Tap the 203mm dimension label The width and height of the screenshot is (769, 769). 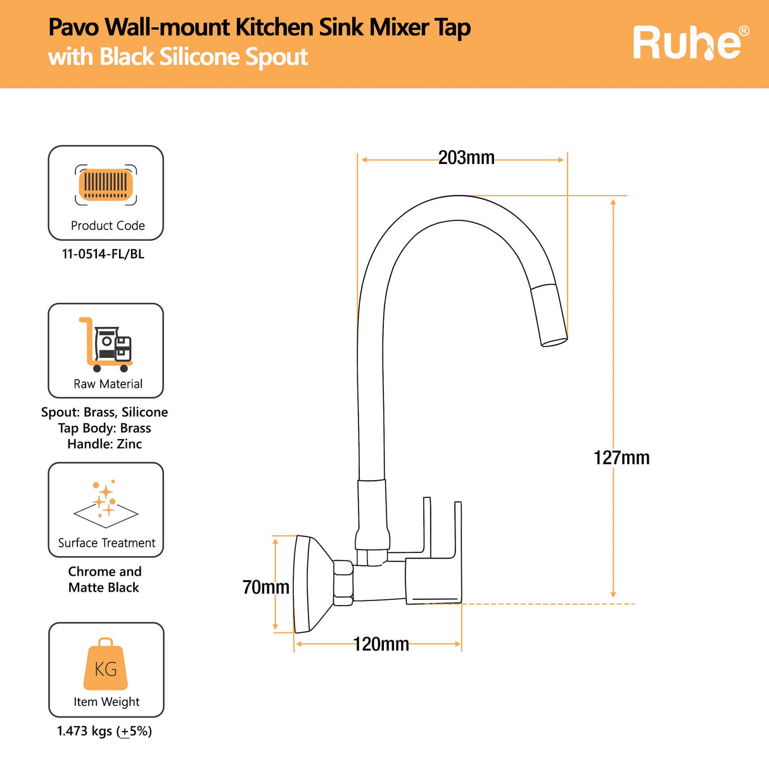pos(466,158)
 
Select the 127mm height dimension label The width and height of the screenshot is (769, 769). pos(621,458)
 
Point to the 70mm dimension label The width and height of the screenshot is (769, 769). pos(265,587)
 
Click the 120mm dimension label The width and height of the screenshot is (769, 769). pos(381,644)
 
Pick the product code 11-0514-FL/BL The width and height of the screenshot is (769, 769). pos(103,254)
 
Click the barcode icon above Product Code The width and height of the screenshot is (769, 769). pos(106,185)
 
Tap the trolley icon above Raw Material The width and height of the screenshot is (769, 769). pos(105,345)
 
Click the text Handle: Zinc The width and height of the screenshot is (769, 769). pos(105,444)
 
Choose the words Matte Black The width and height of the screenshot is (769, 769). pos(103,587)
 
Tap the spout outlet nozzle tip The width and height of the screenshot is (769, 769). pos(553,340)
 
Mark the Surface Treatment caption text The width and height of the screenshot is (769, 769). pos(106,543)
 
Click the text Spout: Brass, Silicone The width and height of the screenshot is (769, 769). pos(105,412)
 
